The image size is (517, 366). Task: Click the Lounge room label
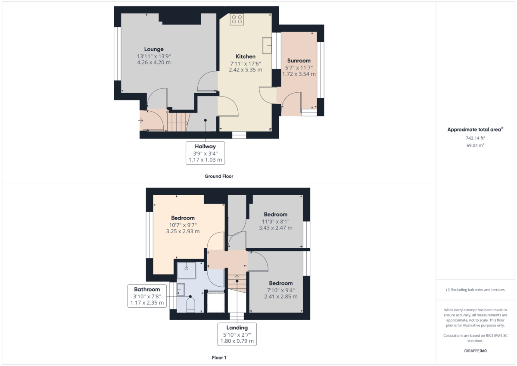tap(154, 49)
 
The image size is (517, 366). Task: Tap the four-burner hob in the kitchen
tap(237, 19)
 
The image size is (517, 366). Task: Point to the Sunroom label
tap(299, 61)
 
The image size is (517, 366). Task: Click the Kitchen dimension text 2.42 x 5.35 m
tap(245, 69)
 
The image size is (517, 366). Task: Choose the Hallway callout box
tap(205, 153)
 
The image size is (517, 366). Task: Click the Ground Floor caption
tap(219, 176)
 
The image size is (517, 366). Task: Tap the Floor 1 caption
tap(219, 357)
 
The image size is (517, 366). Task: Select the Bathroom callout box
tap(147, 296)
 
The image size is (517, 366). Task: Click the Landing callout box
tap(237, 334)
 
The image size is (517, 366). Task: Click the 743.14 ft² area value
tap(475, 138)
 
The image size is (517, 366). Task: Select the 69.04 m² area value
tap(475, 146)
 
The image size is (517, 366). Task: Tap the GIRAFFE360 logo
tap(475, 351)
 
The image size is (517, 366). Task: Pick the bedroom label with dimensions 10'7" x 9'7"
tap(183, 218)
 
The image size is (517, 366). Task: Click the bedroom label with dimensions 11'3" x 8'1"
tap(275, 215)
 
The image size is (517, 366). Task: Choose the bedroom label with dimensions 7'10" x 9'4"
tap(280, 283)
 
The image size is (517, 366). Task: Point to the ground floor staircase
tap(178, 122)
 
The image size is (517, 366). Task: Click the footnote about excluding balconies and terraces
tap(475, 290)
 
